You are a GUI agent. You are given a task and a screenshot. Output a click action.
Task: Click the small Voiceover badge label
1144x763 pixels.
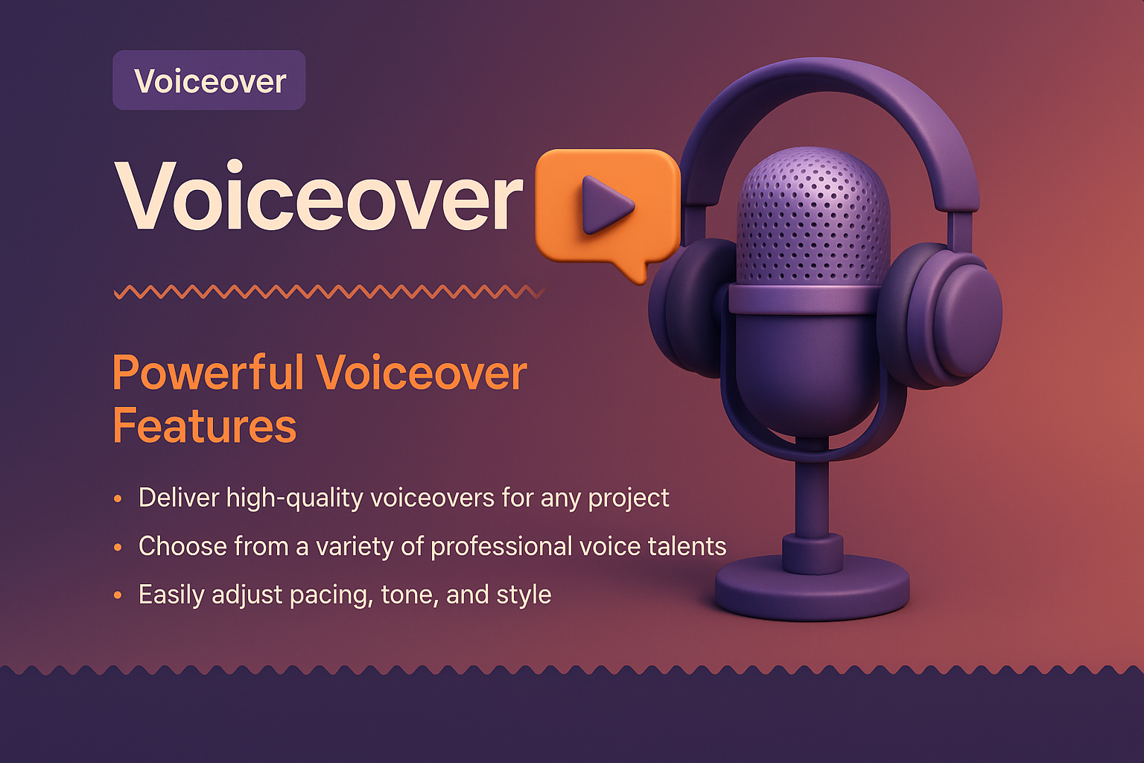click(209, 80)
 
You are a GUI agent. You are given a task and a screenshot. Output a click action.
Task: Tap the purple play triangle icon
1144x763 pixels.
click(605, 205)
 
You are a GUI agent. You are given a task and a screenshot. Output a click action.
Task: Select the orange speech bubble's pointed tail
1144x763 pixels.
click(635, 273)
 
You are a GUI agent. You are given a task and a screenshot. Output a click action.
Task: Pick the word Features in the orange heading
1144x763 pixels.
click(205, 426)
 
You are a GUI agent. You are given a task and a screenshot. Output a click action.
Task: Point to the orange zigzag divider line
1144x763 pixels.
click(328, 292)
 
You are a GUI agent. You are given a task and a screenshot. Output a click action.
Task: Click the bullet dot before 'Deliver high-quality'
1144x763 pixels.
click(118, 498)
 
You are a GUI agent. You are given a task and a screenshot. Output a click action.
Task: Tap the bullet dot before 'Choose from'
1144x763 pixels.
click(118, 548)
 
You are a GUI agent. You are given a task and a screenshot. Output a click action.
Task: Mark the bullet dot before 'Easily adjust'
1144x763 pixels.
click(118, 595)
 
